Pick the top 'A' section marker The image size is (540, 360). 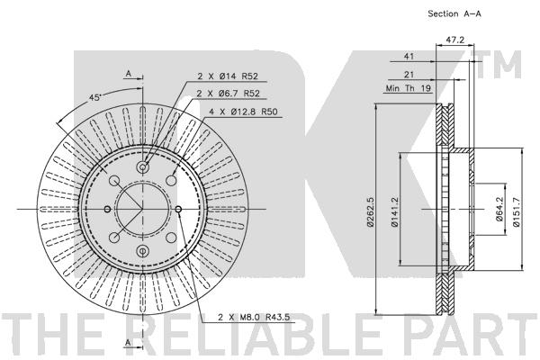(x=128, y=73)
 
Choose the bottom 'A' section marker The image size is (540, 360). (x=128, y=344)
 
